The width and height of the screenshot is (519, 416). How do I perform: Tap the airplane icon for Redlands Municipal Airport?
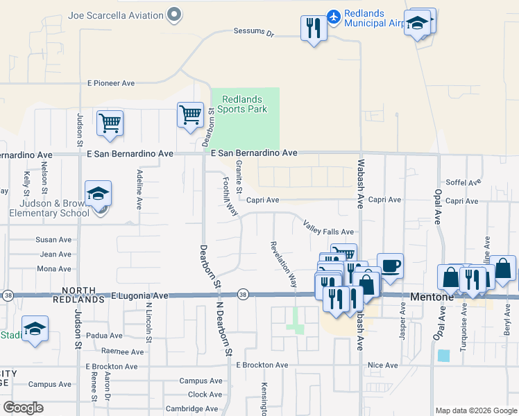point(334,15)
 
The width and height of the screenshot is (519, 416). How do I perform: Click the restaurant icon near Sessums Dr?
point(314,28)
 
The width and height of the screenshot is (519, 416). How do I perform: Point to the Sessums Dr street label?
point(254,32)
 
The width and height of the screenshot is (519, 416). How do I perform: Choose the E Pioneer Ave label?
point(111,83)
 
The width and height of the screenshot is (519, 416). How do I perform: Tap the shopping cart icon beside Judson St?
point(110,123)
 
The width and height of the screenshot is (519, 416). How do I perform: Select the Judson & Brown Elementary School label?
point(49,208)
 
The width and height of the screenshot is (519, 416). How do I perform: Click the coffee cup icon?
point(390,265)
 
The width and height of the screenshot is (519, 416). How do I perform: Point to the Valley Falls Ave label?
point(328,227)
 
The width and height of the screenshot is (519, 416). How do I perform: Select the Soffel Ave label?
point(463,183)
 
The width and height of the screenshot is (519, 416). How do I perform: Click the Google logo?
point(24,407)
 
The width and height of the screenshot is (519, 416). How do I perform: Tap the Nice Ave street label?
point(383,365)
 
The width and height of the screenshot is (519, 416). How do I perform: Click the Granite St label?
point(239,177)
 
